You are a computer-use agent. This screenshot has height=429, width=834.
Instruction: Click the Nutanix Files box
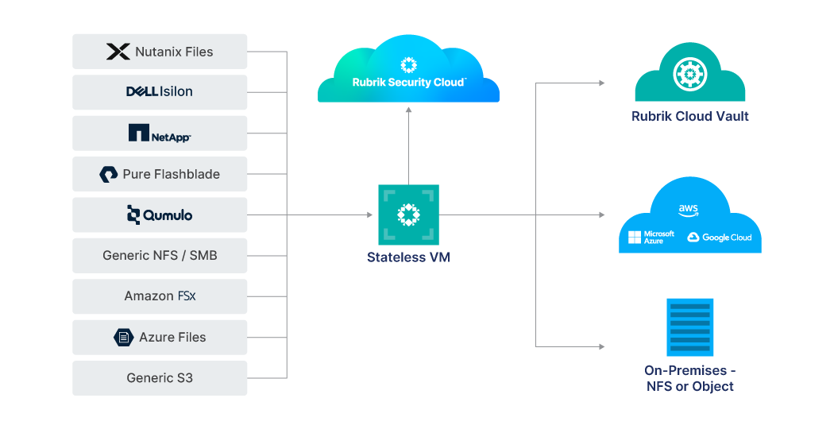pos(160,52)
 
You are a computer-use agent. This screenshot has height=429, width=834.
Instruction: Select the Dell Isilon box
pos(160,92)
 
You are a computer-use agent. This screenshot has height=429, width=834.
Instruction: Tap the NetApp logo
pos(160,133)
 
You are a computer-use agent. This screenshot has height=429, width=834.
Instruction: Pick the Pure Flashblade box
pos(160,174)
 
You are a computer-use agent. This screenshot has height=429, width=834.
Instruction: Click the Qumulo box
pos(160,214)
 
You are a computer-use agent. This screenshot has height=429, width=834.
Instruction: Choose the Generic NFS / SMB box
pos(160,256)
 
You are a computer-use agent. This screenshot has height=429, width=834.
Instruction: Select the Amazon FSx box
pos(160,296)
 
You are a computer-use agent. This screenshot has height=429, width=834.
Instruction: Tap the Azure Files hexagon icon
pos(123,337)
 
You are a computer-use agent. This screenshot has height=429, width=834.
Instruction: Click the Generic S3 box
pos(160,378)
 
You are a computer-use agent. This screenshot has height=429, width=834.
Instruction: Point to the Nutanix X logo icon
pos(118,52)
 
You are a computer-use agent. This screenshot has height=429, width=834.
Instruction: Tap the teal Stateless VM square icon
pos(408,214)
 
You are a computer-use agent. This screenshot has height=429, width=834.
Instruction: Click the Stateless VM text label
pos(408,257)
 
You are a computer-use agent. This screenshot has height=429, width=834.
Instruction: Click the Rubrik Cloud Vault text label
pos(689,116)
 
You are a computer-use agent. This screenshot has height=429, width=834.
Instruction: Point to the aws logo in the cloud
pos(688,210)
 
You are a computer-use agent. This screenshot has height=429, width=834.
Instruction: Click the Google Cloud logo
pos(719,238)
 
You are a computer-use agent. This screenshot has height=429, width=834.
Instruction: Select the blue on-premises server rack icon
pos(689,327)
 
